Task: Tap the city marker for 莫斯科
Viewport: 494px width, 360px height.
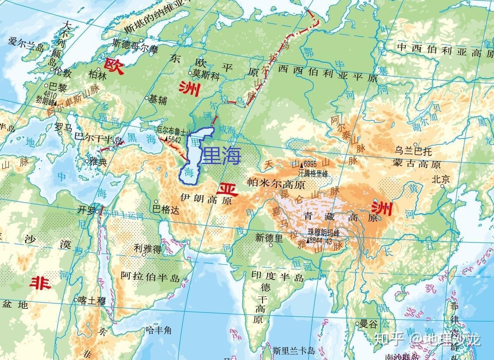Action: click(x=191, y=73)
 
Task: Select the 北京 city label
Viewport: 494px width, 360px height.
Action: click(x=440, y=179)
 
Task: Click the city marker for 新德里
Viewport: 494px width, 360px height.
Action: click(x=271, y=245)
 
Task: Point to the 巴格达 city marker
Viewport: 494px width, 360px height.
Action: click(x=156, y=202)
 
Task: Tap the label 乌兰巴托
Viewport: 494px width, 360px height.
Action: click(x=414, y=151)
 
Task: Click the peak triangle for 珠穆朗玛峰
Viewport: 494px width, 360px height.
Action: click(x=308, y=240)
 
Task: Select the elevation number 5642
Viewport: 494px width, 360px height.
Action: click(x=173, y=140)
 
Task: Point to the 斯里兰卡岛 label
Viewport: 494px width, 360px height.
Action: click(x=291, y=351)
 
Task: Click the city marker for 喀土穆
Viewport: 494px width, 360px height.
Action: click(x=75, y=300)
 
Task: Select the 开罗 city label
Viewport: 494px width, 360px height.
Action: click(x=86, y=210)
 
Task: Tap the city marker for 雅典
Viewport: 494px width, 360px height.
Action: click(x=87, y=161)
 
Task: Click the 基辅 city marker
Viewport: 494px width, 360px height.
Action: click(x=147, y=98)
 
